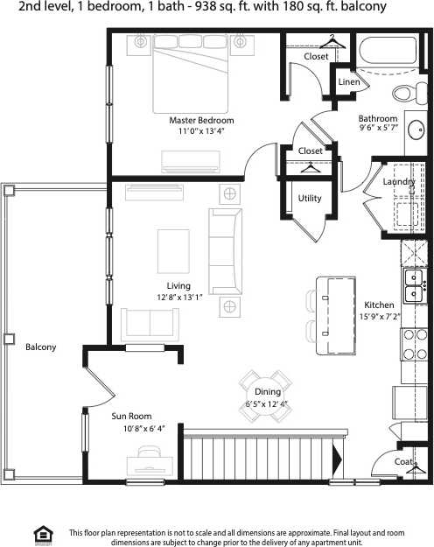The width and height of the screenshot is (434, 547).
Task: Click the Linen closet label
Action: (x=348, y=82)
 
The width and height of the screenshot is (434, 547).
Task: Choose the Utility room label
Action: (x=310, y=198)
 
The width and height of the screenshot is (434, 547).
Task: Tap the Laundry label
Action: (x=399, y=181)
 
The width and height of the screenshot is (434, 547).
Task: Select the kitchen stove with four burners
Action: (x=413, y=343)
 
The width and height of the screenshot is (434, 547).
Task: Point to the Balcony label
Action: (x=40, y=347)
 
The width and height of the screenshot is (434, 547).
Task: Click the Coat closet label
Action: (x=402, y=461)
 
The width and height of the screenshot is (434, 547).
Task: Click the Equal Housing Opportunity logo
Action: (x=41, y=533)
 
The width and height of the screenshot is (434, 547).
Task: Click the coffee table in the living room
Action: (x=171, y=251)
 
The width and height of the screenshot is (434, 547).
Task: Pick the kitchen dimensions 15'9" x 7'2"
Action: (x=379, y=317)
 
